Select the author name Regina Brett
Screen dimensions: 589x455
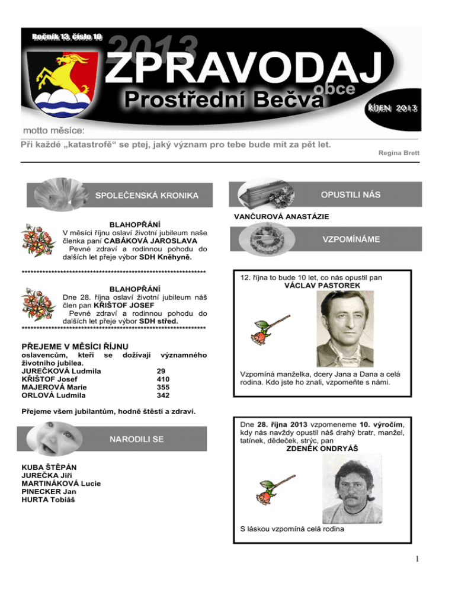click(x=399, y=153)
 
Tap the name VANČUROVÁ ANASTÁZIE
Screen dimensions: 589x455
click(x=283, y=216)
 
